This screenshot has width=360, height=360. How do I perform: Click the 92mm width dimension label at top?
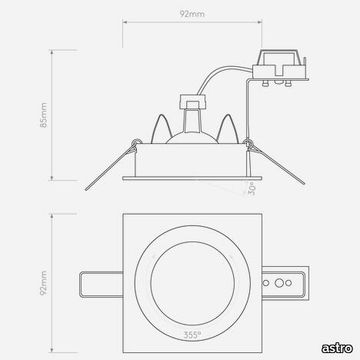[x=192, y=14]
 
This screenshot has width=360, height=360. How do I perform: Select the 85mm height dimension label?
[x=44, y=115]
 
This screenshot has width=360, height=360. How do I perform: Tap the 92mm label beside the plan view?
[x=44, y=283]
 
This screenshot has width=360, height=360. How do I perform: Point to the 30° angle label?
[x=253, y=189]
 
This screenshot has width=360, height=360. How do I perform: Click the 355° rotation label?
[x=192, y=335]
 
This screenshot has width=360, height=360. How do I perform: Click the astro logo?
[x=337, y=348]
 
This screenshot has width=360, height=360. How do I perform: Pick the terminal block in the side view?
[x=279, y=68]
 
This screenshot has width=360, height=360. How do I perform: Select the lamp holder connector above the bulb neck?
[x=192, y=102]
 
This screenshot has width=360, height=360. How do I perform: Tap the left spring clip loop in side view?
[x=135, y=142]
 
